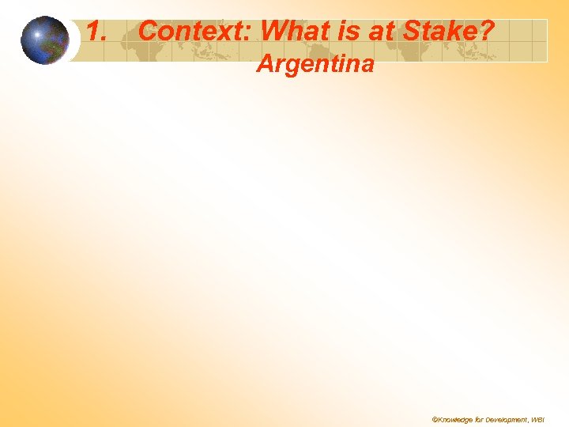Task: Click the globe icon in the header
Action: [45, 40]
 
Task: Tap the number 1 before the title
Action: [95, 32]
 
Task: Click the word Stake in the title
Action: [435, 32]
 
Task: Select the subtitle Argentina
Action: [315, 63]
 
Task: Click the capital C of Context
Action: [147, 32]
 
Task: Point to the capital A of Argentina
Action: [266, 63]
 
